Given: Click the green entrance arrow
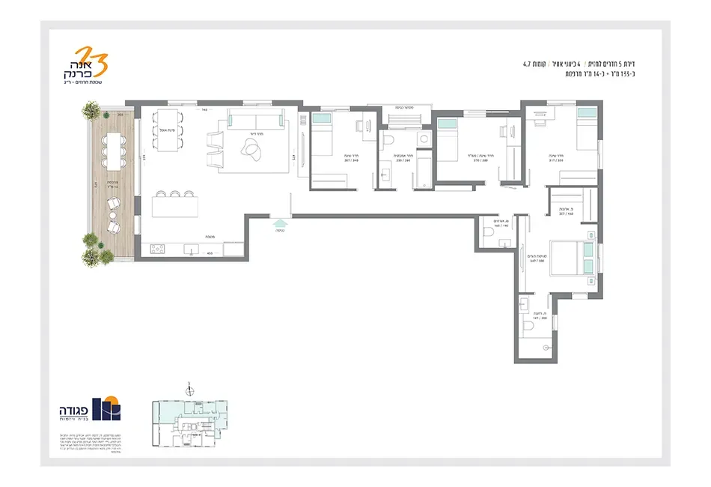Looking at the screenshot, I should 280,223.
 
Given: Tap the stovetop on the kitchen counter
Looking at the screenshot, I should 157,249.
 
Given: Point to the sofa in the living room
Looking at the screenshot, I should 255,120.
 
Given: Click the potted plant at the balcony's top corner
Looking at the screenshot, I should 91,111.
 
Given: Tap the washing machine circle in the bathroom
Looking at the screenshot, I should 424,139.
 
